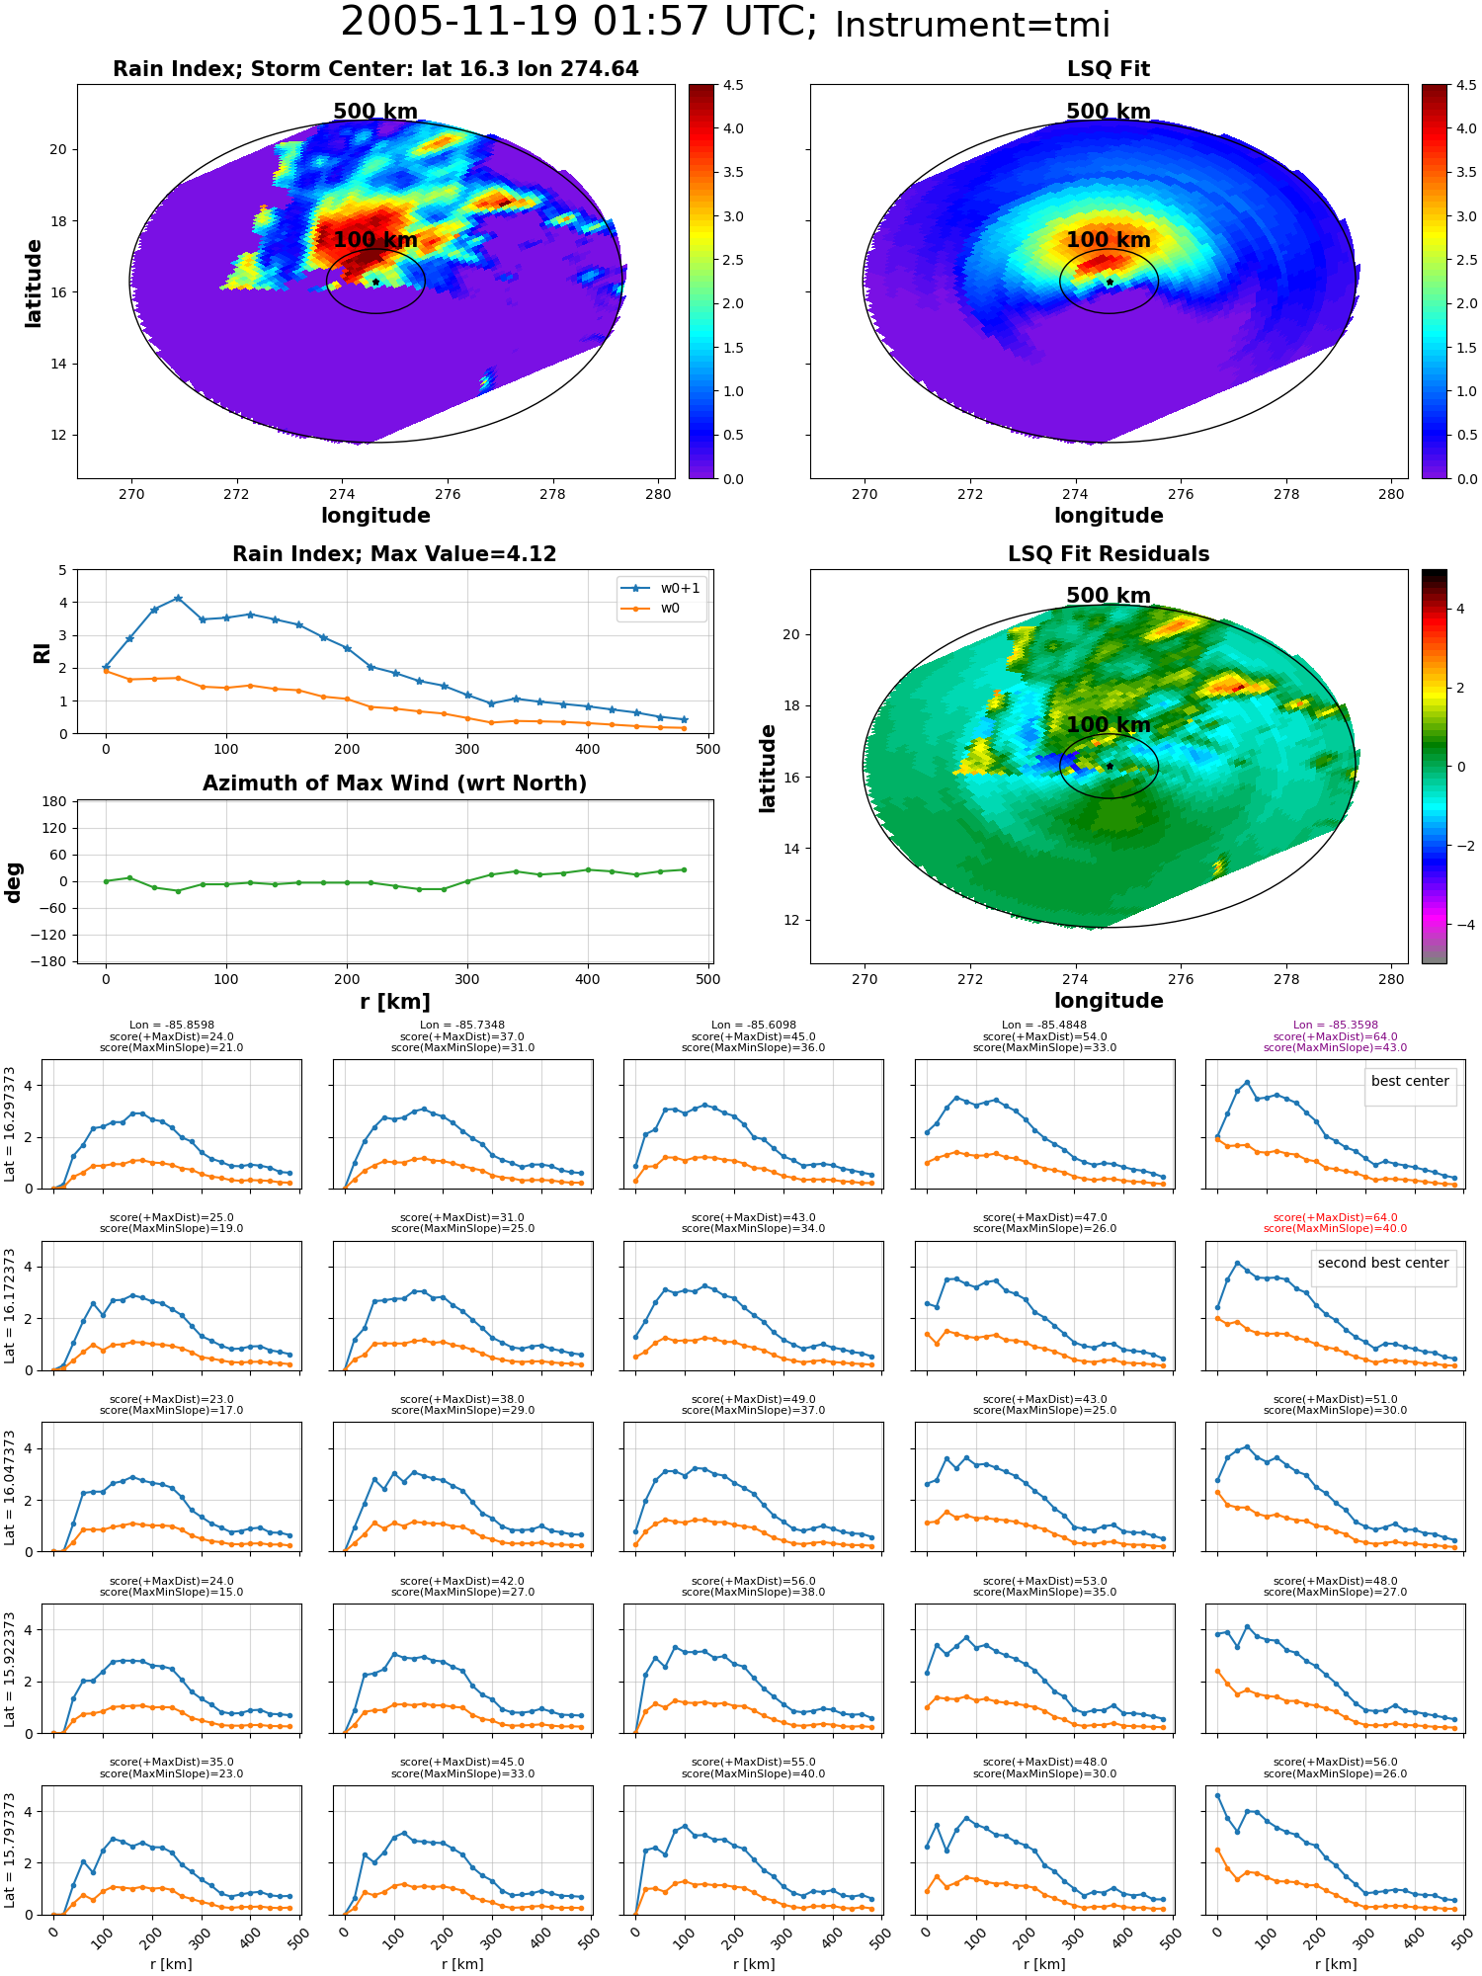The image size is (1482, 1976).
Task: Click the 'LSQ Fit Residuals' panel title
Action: (x=1109, y=554)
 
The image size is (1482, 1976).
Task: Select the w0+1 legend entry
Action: (x=661, y=589)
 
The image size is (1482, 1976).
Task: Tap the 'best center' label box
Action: (x=1410, y=1081)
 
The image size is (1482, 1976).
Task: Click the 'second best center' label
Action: (x=1383, y=1263)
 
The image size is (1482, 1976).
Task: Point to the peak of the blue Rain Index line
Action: (x=178, y=598)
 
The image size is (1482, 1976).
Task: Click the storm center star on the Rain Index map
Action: (x=375, y=282)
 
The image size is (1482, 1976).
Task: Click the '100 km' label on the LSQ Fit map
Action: (x=1109, y=240)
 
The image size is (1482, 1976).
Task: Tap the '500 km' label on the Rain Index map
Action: (x=375, y=112)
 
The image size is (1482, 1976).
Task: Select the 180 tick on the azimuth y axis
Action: (x=55, y=801)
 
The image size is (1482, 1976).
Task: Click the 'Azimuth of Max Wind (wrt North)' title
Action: (x=394, y=783)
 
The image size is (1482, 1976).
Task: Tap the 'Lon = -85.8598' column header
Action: (x=172, y=1026)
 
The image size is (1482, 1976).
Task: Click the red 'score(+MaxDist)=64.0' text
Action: (x=1335, y=1218)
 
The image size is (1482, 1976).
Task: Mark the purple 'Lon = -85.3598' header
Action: (x=1335, y=1026)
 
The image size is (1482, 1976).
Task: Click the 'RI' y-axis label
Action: (x=41, y=652)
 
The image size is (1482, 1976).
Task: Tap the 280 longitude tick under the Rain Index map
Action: (x=658, y=495)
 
